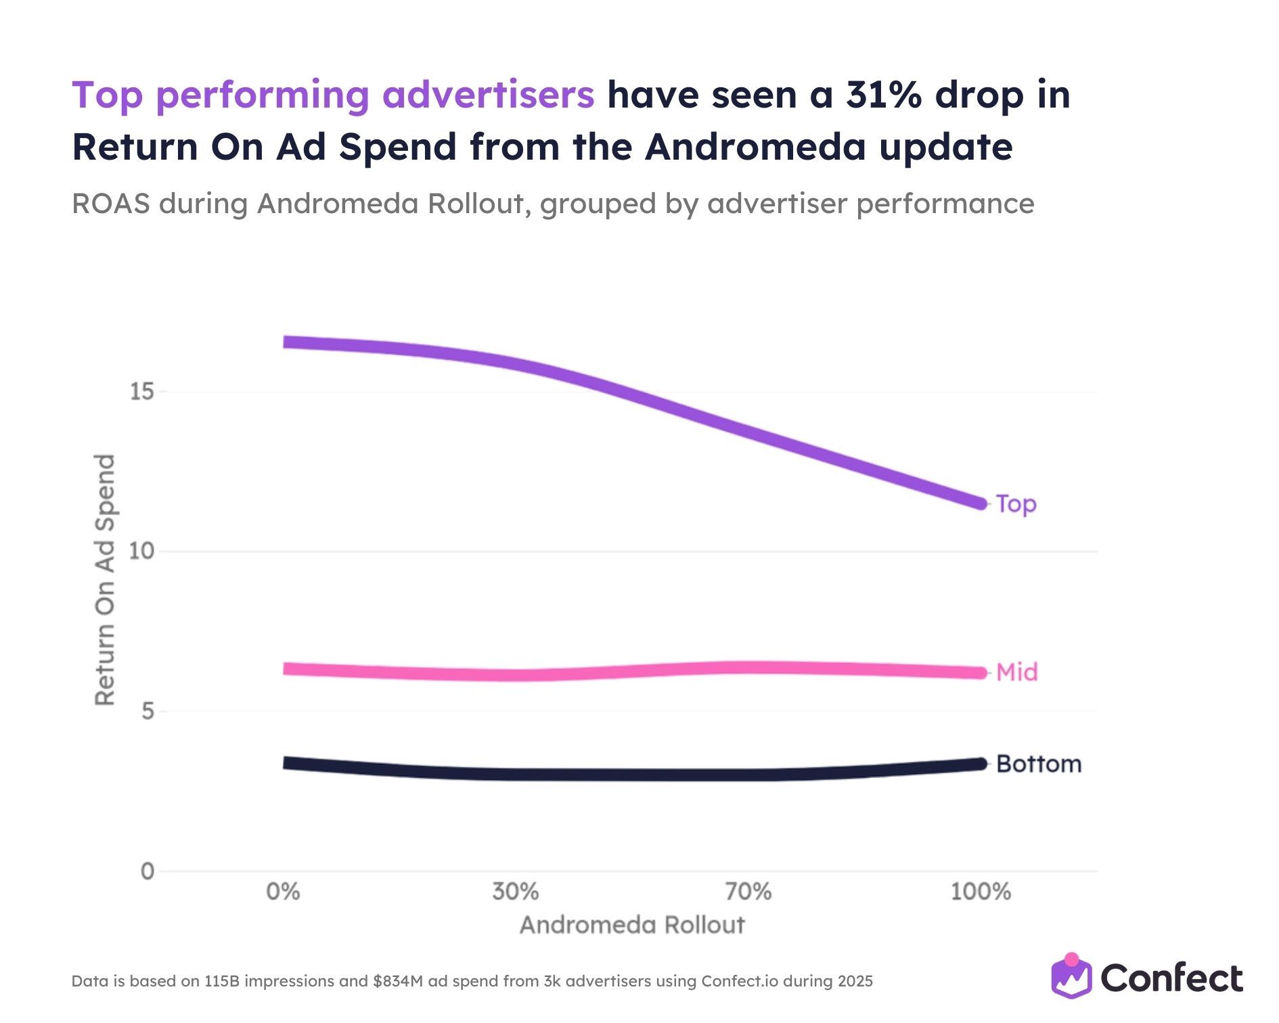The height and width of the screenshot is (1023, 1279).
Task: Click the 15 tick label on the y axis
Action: pos(142,392)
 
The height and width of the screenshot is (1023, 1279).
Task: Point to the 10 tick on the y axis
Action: pos(142,551)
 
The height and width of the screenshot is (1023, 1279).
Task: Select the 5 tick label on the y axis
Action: pos(148,711)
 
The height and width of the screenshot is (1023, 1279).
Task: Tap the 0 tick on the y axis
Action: pos(148,871)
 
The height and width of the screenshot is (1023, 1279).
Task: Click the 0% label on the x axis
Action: pos(283,892)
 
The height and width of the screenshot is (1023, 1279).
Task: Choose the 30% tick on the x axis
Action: pos(516,892)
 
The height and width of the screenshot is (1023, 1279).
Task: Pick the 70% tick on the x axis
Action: pos(748,892)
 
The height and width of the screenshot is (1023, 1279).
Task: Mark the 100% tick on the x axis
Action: pos(981,892)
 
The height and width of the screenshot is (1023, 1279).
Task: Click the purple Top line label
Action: pos(1016,504)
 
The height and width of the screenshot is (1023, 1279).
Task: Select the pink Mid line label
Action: pos(1016,672)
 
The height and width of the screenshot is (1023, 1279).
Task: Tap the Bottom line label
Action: pos(1039,764)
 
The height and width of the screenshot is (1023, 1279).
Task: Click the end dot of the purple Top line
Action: pos(980,503)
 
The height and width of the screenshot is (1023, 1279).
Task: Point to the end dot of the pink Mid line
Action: pos(980,673)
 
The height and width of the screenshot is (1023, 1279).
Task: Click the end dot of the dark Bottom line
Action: pos(980,764)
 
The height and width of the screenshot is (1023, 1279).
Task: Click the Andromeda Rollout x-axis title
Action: pos(632,925)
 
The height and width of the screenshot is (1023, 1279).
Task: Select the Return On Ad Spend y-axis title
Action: pos(105,580)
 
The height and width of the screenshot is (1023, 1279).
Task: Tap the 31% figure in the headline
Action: pos(883,95)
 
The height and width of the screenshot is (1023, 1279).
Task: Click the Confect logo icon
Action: pos(1071,976)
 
